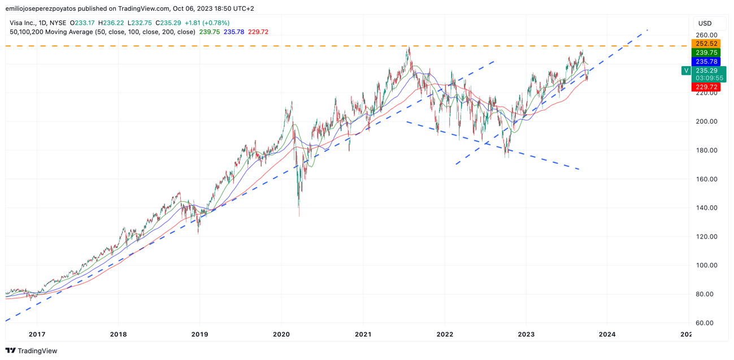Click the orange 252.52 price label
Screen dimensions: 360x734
[706, 44]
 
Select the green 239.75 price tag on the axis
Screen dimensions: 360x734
[706, 53]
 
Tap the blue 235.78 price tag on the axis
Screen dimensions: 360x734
[706, 62]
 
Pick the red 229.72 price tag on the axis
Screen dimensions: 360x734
[706, 87]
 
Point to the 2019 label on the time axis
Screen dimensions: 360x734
[199, 334]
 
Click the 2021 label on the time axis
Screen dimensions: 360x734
[363, 334]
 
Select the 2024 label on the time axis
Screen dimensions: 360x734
[607, 334]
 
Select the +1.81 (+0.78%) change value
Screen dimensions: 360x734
[207, 23]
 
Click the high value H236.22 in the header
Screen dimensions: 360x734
[111, 23]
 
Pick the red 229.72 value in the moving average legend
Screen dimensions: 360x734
[258, 32]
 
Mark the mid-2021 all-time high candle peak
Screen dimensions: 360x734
[409, 49]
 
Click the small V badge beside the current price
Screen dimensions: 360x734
[686, 71]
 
